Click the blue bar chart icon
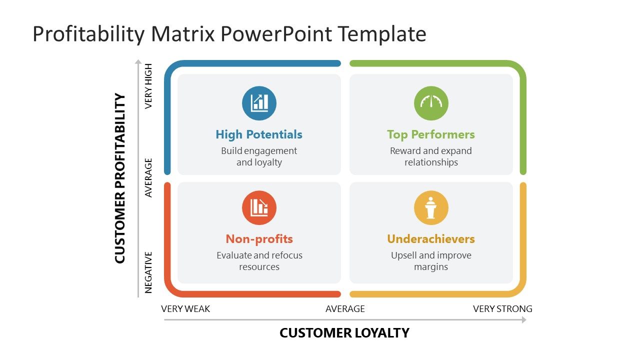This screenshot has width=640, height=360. coord(259,103)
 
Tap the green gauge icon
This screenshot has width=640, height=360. coord(431,103)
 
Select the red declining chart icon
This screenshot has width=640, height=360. coord(259,207)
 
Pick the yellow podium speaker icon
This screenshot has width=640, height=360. coord(431,207)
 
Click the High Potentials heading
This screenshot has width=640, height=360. coord(259,134)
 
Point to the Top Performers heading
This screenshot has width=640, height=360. coord(431,134)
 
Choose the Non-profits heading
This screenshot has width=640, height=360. coord(259,239)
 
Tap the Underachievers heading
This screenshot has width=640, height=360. coord(431,239)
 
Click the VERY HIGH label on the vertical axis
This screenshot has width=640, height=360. coord(148,86)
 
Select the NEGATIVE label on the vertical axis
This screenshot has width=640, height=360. coord(148,272)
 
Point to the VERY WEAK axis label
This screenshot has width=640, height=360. coord(185,309)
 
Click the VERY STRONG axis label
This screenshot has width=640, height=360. coord(502,309)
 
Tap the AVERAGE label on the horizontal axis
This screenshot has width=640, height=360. coord(345,309)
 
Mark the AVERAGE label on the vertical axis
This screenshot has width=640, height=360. coord(148,177)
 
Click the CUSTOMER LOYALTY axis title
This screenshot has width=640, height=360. coord(344,333)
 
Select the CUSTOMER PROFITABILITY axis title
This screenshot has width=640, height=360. coord(120,178)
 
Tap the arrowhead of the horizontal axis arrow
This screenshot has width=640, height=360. coord(524,319)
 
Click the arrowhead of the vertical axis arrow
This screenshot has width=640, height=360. coord(138,62)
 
